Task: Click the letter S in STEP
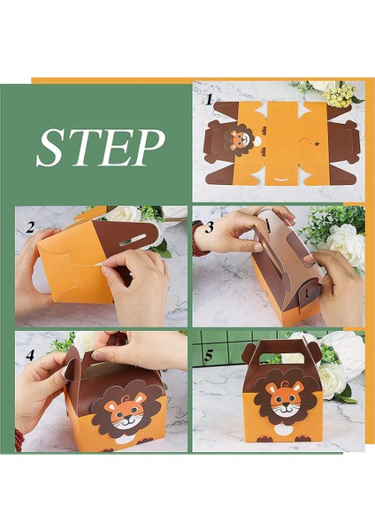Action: pos(52,148)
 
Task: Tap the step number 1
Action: pos(209,100)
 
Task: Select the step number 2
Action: pos(30,227)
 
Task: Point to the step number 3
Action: pos(210,227)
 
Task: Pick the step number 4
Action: pos(30,355)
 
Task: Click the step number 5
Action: pos(209,355)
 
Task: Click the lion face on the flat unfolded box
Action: pos(238,140)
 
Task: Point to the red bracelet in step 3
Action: pos(196,239)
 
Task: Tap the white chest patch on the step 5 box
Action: pos(283,430)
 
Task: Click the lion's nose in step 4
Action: pos(128,421)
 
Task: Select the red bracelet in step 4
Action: pos(19,439)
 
